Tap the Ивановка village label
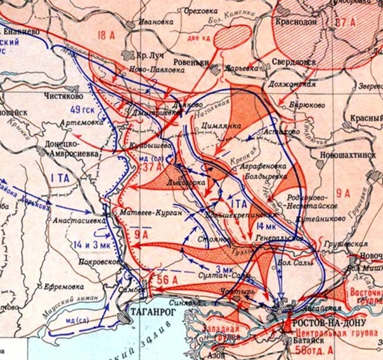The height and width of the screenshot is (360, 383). tap(143, 21)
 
